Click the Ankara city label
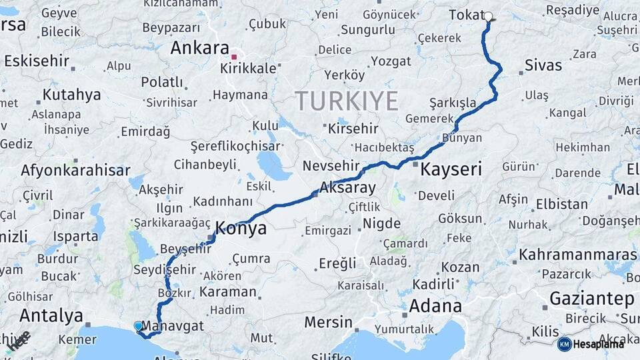pos(200,48)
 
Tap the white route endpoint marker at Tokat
pos(488,17)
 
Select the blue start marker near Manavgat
pos(138,326)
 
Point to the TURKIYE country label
pos(347,101)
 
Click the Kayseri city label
pos(451,169)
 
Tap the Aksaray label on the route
pos(347,187)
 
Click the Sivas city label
pos(543,65)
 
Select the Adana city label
pos(435,306)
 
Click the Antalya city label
pos(51,315)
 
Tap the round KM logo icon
pos(565,344)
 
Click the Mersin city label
pos(328,322)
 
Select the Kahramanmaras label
pos(578,255)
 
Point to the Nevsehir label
pos(331,165)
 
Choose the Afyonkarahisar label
pos(75,170)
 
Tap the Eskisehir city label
pos(36,61)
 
